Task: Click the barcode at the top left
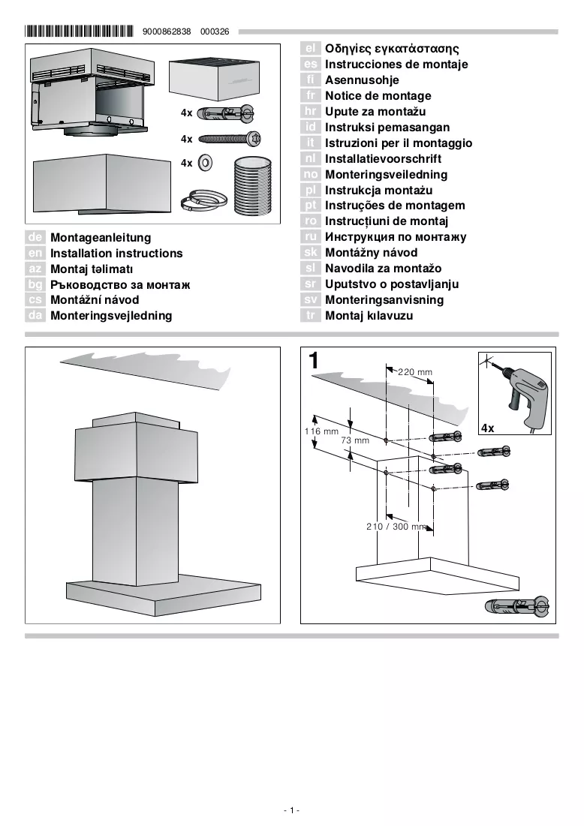(x=79, y=31)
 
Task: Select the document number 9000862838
(x=167, y=32)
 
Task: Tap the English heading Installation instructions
(x=116, y=254)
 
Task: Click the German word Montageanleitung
(x=101, y=238)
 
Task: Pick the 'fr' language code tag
(x=311, y=95)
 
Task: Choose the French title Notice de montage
(x=378, y=96)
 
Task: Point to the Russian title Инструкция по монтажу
(x=396, y=237)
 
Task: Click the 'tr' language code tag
(x=311, y=316)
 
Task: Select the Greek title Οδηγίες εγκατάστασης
(x=392, y=49)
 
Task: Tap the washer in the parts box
(x=205, y=163)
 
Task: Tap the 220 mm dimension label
(x=415, y=372)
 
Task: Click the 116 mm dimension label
(x=321, y=431)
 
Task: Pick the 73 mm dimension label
(x=355, y=440)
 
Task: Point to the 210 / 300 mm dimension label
(x=396, y=526)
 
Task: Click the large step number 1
(x=314, y=361)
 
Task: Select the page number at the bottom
(x=291, y=810)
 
